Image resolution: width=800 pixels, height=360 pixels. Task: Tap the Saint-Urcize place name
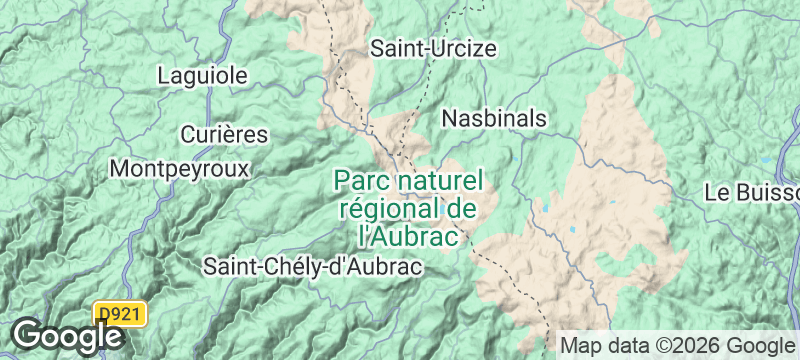pyautogui.click(x=433, y=48)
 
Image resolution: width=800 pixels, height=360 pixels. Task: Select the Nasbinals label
pyautogui.click(x=494, y=118)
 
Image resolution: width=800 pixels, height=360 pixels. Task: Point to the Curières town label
pyautogui.click(x=224, y=134)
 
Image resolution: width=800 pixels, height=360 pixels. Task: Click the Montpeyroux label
pyautogui.click(x=179, y=168)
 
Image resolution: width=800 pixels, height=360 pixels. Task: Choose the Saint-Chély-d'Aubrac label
pyautogui.click(x=313, y=266)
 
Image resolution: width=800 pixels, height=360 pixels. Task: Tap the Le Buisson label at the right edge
pyautogui.click(x=751, y=192)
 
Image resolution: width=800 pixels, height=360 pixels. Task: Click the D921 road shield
pyautogui.click(x=121, y=314)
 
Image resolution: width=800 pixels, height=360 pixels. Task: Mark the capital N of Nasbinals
pyautogui.click(x=449, y=118)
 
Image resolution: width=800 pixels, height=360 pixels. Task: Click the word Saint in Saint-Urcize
pyautogui.click(x=393, y=48)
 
